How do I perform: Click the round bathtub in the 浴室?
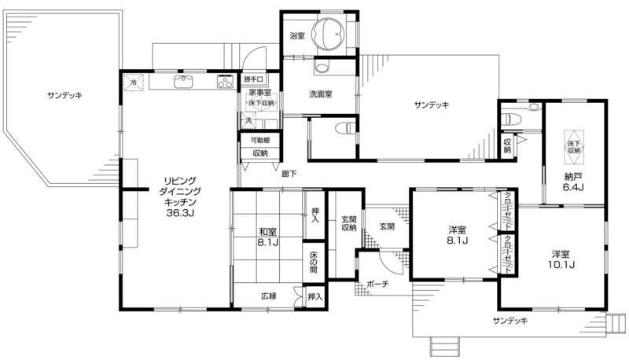click(329, 33)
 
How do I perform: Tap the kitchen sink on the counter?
click(184, 82)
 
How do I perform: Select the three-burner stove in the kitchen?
click(226, 82)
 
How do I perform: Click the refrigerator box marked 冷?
click(134, 83)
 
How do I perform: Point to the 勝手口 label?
click(253, 79)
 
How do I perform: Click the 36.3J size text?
click(180, 213)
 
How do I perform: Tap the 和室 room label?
click(267, 232)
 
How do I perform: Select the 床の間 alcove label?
click(313, 262)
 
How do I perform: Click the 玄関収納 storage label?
click(348, 223)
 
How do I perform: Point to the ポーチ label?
click(378, 284)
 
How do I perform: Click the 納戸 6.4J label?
click(573, 182)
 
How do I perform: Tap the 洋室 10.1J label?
click(561, 259)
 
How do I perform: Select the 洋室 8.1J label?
click(458, 235)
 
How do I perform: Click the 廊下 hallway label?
click(289, 174)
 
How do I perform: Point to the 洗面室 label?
click(321, 94)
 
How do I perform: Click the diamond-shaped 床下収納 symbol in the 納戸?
click(574, 147)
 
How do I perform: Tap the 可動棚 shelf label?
click(260, 141)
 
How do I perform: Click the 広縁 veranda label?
click(269, 296)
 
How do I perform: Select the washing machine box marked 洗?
click(248, 120)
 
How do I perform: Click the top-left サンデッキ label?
click(64, 95)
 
